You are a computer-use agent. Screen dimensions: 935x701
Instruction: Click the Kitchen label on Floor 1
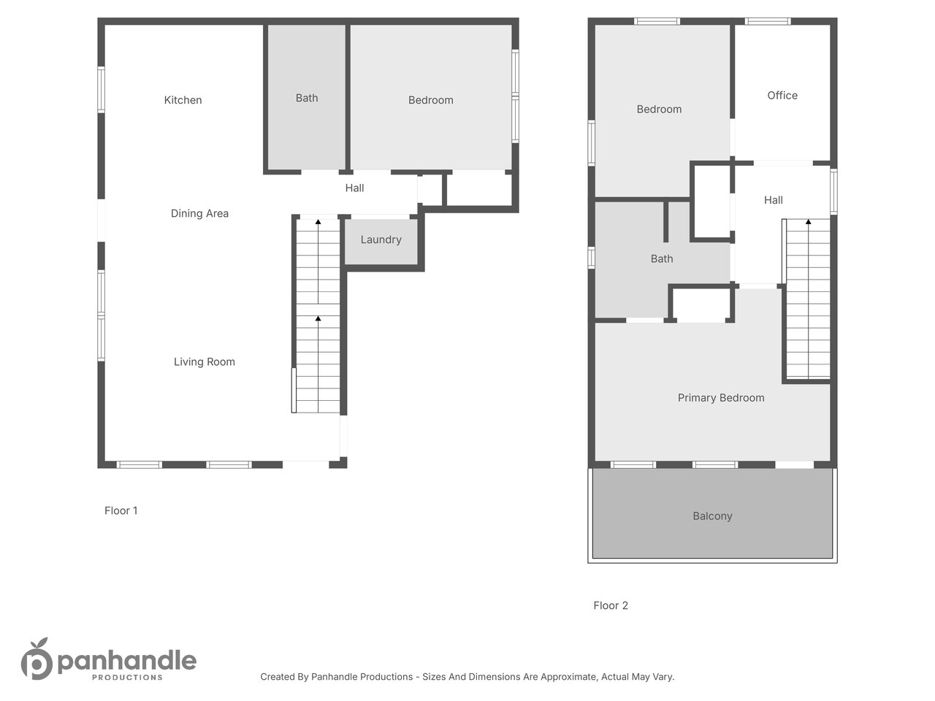(x=183, y=100)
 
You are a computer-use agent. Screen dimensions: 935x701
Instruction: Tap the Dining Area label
(x=199, y=213)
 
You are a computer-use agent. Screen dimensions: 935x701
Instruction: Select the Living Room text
(x=204, y=361)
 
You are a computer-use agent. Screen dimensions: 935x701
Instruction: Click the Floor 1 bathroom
(x=307, y=98)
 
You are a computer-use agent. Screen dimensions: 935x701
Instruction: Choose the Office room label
(x=782, y=96)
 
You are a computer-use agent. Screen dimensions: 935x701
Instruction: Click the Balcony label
(x=712, y=516)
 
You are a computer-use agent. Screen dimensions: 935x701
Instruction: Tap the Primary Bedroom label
(x=721, y=398)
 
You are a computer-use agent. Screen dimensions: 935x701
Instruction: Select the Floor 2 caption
(x=611, y=605)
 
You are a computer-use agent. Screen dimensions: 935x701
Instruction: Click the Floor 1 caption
(x=121, y=510)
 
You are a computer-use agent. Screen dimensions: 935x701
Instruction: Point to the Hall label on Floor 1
(x=354, y=188)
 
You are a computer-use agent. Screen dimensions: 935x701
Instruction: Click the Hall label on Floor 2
(x=773, y=200)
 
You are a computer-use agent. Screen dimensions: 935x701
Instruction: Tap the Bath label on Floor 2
(x=662, y=258)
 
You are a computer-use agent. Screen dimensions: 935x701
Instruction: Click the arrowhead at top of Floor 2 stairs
(x=808, y=222)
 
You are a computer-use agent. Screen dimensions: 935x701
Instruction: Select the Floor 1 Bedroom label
(x=431, y=100)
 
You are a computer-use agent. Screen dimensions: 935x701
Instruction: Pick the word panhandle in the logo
(x=127, y=661)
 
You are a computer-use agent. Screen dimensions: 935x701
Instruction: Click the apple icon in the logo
(x=37, y=659)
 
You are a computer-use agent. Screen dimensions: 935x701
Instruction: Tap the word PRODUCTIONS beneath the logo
(x=127, y=677)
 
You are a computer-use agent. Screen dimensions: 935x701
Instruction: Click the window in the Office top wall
(x=768, y=21)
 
